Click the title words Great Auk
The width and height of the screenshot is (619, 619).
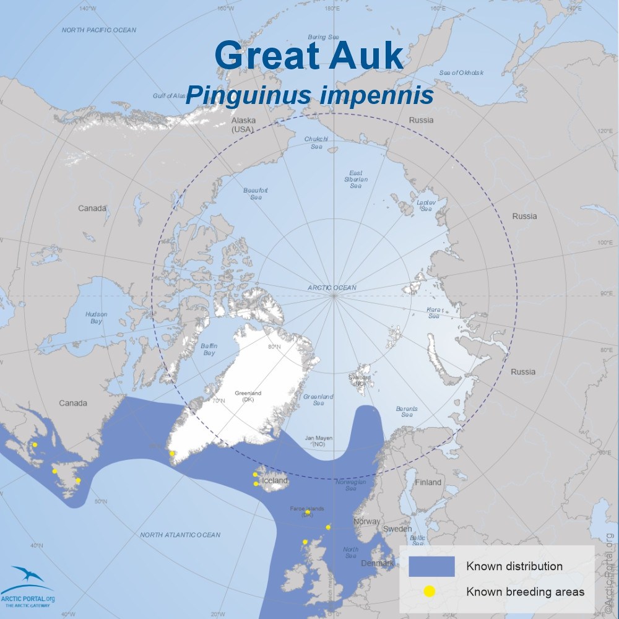tap(309, 56)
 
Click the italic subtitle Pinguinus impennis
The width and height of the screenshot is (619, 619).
tap(309, 96)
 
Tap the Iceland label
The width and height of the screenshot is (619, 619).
tap(275, 481)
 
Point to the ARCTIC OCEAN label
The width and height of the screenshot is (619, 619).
tap(332, 288)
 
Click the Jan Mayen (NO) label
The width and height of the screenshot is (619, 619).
tap(319, 441)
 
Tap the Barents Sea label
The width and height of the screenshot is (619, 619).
tap(406, 412)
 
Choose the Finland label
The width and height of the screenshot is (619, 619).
tap(428, 482)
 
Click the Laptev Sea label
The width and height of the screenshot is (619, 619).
tap(426, 205)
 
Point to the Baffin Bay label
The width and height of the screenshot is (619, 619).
tap(208, 350)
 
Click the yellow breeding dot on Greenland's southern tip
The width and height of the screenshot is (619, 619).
tap(172, 454)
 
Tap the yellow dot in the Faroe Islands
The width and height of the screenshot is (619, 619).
tap(308, 513)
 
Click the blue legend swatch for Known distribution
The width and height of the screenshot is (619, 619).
tap(431, 566)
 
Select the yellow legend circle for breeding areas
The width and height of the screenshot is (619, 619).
tap(429, 592)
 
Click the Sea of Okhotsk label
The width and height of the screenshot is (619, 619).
tap(462, 72)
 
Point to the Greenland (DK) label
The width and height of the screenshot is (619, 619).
tap(249, 396)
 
